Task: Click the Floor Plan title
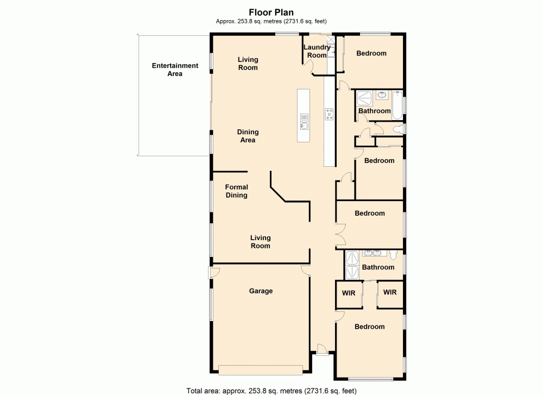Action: pos(271,12)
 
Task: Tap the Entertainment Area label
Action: pos(175,70)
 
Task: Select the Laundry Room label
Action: pos(317,51)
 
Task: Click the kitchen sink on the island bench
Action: pos(305,125)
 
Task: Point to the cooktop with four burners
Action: pos(330,114)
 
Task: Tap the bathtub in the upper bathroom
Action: pos(397,104)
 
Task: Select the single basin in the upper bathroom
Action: pos(382,96)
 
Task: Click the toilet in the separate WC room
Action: pos(400,129)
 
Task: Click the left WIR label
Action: pos(348,293)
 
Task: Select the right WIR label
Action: pos(390,292)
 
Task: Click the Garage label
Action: pos(261,291)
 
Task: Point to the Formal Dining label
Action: pos(236,191)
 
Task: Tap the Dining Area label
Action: pos(248,136)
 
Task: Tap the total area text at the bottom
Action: pos(271,390)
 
